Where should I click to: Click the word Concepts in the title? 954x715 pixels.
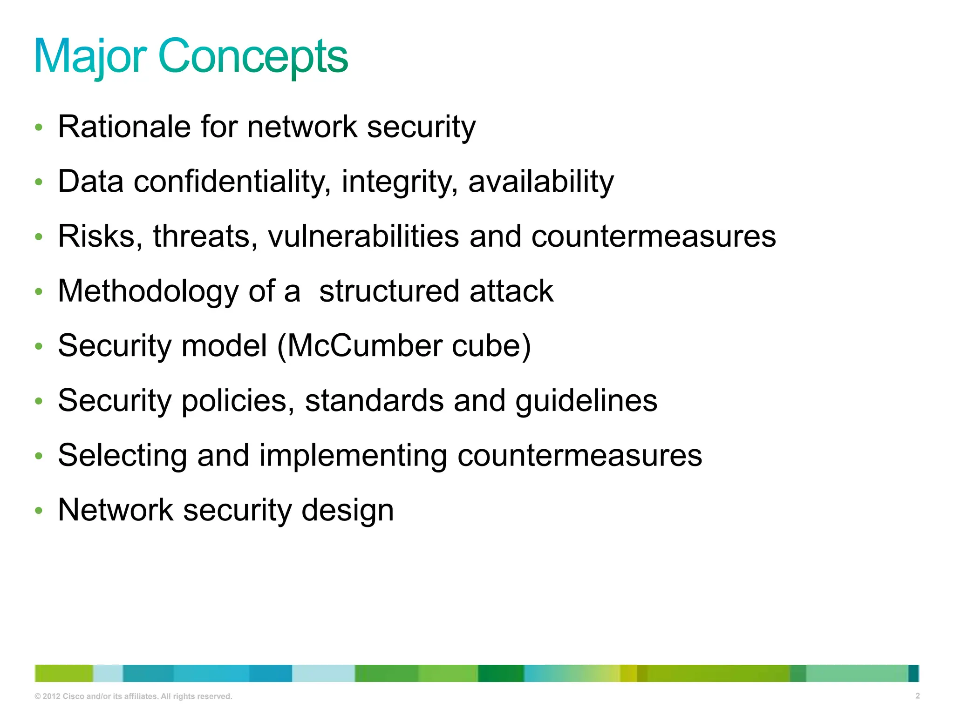pyautogui.click(x=253, y=57)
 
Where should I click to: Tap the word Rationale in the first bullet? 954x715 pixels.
pyautogui.click(x=124, y=127)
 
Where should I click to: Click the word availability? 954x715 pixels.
pyautogui.click(x=541, y=182)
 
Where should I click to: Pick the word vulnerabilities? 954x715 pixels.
pyautogui.click(x=363, y=236)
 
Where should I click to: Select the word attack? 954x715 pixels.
pyautogui.click(x=511, y=291)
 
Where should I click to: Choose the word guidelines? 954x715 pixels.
pyautogui.click(x=586, y=401)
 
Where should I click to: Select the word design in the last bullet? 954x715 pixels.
pyautogui.click(x=348, y=511)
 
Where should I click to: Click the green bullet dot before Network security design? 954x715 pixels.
pyautogui.click(x=39, y=511)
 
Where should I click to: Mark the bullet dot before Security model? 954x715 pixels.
pyautogui.click(x=39, y=346)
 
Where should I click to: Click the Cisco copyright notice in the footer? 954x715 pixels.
pyautogui.click(x=133, y=696)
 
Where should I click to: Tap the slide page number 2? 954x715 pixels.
pyautogui.click(x=917, y=696)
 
